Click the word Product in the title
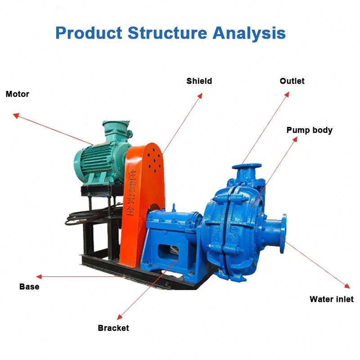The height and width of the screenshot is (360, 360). pyautogui.click(x=88, y=33)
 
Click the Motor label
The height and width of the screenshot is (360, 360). pyautogui.click(x=17, y=94)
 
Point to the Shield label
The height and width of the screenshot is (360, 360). pyautogui.click(x=199, y=81)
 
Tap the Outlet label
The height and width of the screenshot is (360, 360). pyautogui.click(x=292, y=81)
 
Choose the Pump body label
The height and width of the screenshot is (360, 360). pyautogui.click(x=310, y=130)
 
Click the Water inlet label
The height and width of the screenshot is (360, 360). pyautogui.click(x=332, y=299)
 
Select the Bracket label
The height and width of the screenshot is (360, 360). pyautogui.click(x=113, y=328)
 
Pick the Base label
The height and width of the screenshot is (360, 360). pyautogui.click(x=29, y=287)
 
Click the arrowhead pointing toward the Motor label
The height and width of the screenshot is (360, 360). pyautogui.click(x=15, y=115)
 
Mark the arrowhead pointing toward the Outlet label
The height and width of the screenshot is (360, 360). pyautogui.click(x=287, y=93)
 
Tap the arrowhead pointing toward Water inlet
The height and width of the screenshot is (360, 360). pyautogui.click(x=347, y=286)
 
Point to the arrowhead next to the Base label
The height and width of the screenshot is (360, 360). pyautogui.click(x=39, y=277)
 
